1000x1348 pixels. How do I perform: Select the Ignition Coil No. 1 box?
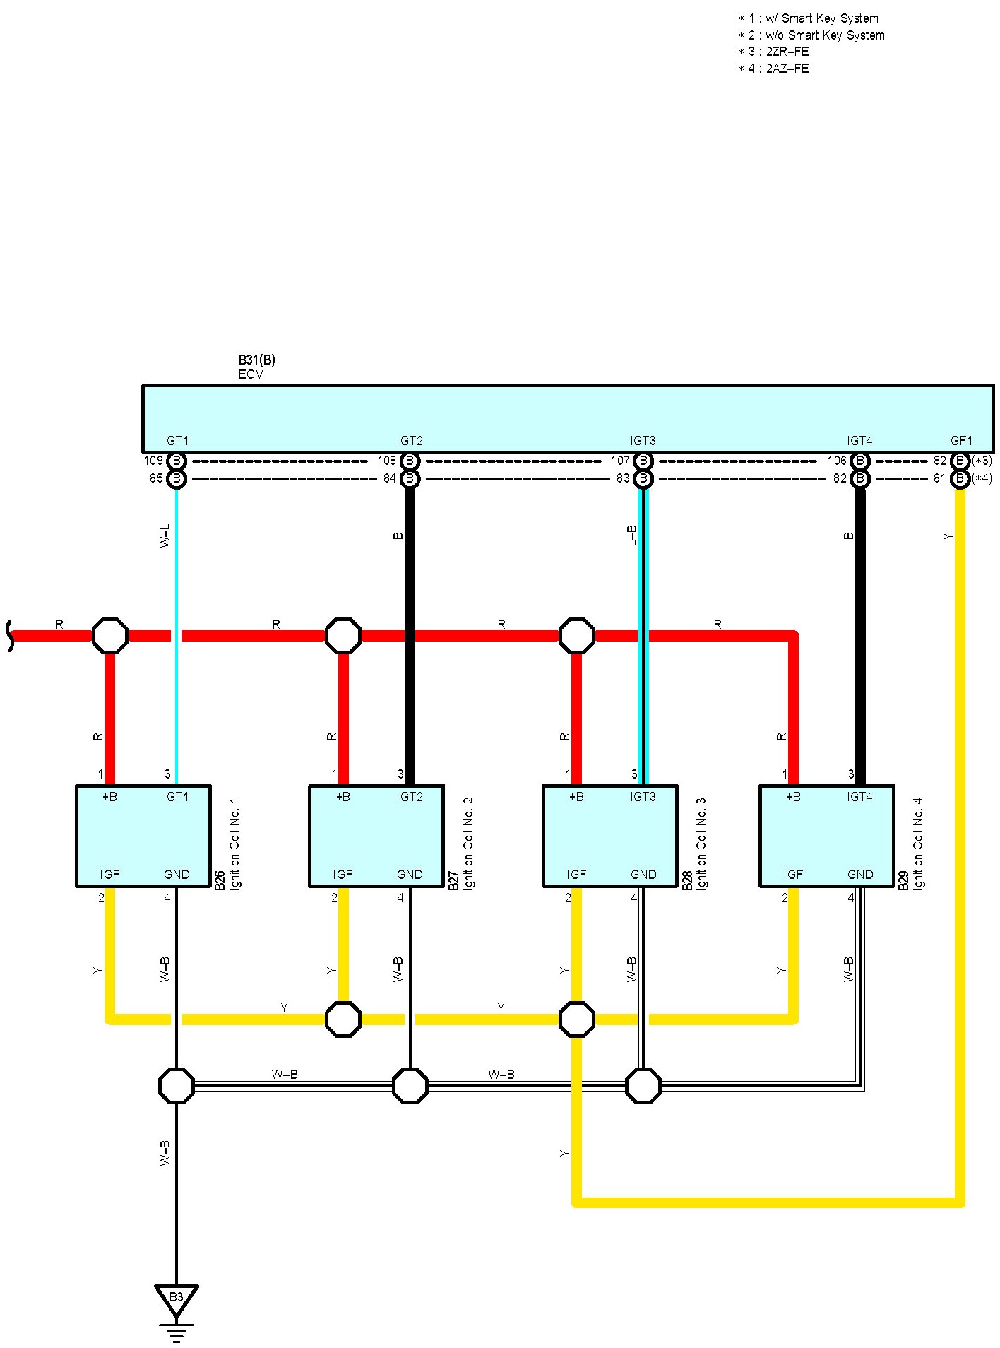(143, 835)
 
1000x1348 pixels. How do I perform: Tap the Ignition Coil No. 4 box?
(826, 835)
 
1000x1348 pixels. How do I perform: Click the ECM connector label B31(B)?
(256, 360)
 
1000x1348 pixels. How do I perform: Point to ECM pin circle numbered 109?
(177, 461)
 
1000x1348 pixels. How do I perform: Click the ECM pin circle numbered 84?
(410, 479)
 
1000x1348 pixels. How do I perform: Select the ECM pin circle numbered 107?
(643, 461)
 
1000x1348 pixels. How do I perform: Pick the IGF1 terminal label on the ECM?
(959, 441)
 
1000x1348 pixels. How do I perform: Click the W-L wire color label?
(165, 536)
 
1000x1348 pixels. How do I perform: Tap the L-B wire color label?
(632, 536)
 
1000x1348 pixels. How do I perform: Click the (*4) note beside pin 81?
(982, 479)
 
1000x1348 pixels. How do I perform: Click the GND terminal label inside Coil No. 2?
(410, 875)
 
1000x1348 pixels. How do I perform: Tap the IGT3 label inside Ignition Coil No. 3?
(643, 797)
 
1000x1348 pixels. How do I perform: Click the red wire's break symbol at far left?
(10, 635)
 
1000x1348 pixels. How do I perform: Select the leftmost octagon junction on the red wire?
(110, 635)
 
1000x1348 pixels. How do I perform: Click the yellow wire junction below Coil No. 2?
(343, 1019)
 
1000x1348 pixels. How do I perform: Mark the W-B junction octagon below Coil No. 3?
(643, 1085)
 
